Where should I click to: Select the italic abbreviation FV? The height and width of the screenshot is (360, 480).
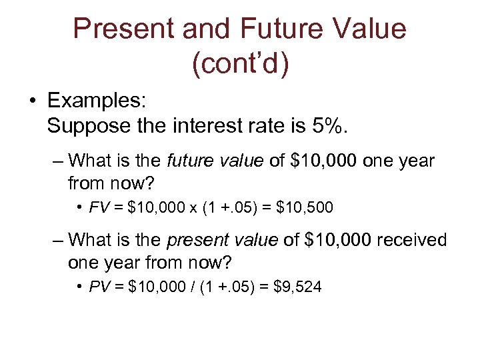click(x=98, y=209)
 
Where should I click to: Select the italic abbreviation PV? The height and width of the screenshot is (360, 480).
click(x=98, y=287)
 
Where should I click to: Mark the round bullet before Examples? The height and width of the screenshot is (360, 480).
click(x=32, y=102)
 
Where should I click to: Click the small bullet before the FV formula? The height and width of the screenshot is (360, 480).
click(x=79, y=209)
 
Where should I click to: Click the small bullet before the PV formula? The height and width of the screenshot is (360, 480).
click(x=79, y=287)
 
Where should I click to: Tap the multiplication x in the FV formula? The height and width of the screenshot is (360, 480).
click(x=192, y=209)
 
